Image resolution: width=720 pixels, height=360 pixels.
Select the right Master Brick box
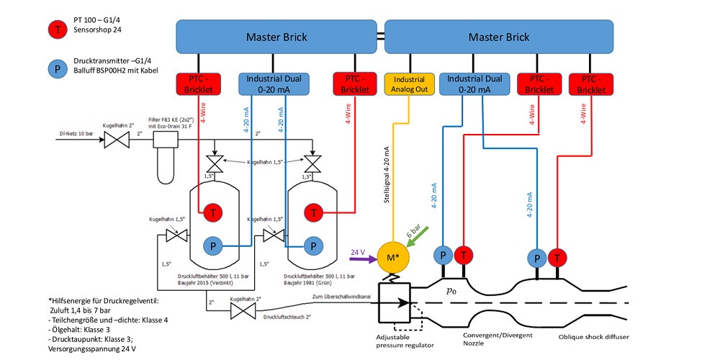pyautogui.click(x=499, y=37)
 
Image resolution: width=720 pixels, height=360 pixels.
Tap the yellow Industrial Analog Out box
pyautogui.click(x=408, y=84)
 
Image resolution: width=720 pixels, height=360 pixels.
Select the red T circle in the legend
pyautogui.click(x=53, y=30)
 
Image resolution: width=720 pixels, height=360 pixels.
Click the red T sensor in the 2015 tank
pyautogui.click(x=213, y=212)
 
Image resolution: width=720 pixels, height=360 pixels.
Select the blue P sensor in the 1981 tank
pyautogui.click(x=312, y=246)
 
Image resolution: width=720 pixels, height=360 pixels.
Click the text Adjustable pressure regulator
pyautogui.click(x=405, y=341)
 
